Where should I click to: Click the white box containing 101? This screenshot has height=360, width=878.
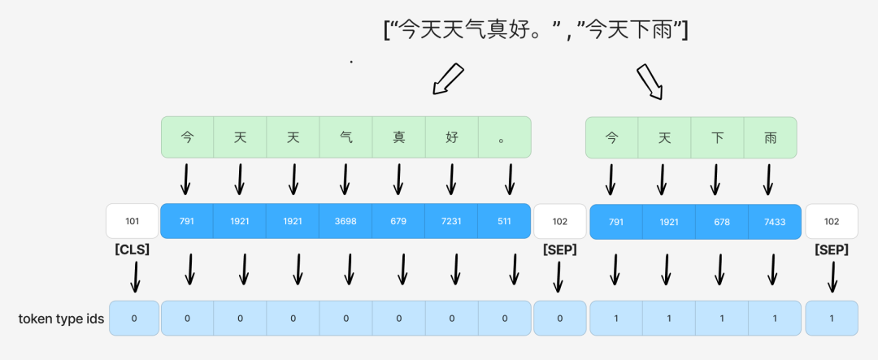132,221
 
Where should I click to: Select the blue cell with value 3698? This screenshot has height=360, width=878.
346,221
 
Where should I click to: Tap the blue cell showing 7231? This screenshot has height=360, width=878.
451,221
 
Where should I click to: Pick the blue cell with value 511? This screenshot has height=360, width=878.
504,221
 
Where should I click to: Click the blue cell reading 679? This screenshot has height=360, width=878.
398,221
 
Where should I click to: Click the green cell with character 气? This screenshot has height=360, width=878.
346,137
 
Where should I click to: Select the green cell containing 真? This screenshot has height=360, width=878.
398,137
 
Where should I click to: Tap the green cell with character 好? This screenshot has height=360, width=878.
451,137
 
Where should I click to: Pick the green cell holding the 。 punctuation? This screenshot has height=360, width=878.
504,137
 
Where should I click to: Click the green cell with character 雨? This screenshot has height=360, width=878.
770,137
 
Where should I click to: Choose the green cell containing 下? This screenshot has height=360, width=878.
717,137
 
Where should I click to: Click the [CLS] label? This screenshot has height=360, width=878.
132,249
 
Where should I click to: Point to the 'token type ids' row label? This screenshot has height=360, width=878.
61,319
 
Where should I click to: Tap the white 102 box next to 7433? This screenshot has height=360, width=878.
831,221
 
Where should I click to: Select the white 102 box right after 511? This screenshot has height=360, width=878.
559,221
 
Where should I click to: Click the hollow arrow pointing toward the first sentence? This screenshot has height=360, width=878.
447,80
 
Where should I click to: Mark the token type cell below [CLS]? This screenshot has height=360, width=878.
134,319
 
